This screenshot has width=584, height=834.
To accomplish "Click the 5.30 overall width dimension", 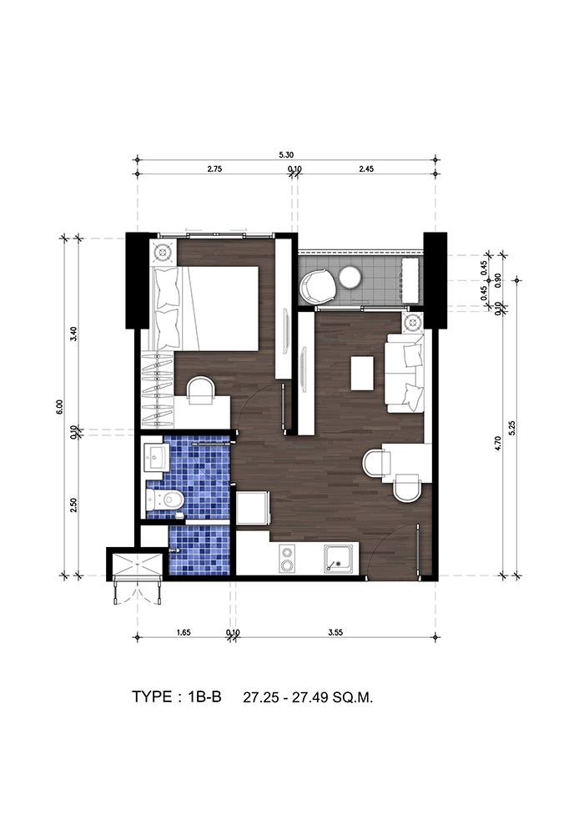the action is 286,155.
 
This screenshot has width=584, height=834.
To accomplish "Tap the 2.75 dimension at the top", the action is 214,169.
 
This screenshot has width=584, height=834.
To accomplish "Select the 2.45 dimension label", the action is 366,169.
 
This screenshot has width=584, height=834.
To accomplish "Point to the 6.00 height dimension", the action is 59,407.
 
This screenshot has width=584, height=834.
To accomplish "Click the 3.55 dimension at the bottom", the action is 335,632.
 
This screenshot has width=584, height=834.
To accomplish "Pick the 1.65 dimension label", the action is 183,632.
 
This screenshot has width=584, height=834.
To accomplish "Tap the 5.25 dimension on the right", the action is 512,428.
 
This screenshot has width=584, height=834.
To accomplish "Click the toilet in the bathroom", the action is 165,500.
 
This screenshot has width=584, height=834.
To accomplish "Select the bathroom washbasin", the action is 157,457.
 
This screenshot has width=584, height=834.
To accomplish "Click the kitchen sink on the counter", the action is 339,559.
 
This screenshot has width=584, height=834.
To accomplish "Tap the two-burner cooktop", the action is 287,559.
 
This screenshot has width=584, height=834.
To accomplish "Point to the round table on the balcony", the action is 351,277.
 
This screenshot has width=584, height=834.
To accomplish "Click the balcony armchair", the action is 318,284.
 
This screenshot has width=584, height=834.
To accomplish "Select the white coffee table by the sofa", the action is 362,372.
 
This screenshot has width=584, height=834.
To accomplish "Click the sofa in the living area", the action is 405,373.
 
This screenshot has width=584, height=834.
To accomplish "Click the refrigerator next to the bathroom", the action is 253,509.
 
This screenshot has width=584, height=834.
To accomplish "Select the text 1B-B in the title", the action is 204,696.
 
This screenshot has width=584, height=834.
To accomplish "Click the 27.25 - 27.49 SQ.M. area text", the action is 308,697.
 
